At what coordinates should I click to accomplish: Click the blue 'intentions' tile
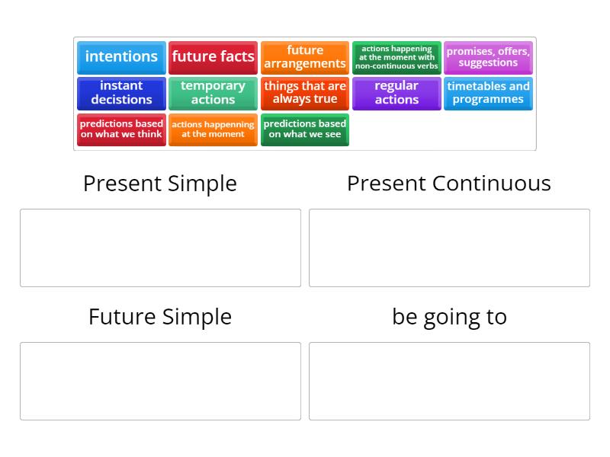pyautogui.click(x=121, y=57)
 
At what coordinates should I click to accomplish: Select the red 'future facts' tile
pyautogui.click(x=213, y=57)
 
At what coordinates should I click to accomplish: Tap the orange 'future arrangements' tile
pyautogui.click(x=305, y=57)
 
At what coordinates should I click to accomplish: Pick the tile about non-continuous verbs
pyautogui.click(x=396, y=57)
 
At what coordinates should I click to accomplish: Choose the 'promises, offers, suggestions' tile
pyautogui.click(x=488, y=57)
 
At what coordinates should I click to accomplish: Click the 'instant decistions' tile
pyautogui.click(x=121, y=93)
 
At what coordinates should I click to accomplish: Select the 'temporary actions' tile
pyautogui.click(x=213, y=93)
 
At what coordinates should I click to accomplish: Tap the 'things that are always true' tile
pyautogui.click(x=305, y=93)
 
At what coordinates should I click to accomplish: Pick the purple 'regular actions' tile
pyautogui.click(x=396, y=93)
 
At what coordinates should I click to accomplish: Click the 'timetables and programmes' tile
pyautogui.click(x=488, y=93)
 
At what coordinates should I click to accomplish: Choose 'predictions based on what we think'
pyautogui.click(x=121, y=129)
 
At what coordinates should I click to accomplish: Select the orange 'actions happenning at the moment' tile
pyautogui.click(x=213, y=129)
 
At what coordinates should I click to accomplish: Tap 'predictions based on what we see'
pyautogui.click(x=305, y=129)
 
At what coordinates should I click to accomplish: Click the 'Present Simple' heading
pyautogui.click(x=160, y=184)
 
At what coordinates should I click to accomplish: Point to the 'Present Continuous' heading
pyautogui.click(x=449, y=184)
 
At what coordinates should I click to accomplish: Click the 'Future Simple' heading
pyautogui.click(x=160, y=317)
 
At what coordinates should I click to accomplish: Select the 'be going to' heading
pyautogui.click(x=449, y=317)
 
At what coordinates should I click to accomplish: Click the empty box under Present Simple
pyautogui.click(x=160, y=248)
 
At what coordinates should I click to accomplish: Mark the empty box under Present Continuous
pyautogui.click(x=449, y=248)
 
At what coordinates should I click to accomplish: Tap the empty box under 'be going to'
pyautogui.click(x=449, y=381)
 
